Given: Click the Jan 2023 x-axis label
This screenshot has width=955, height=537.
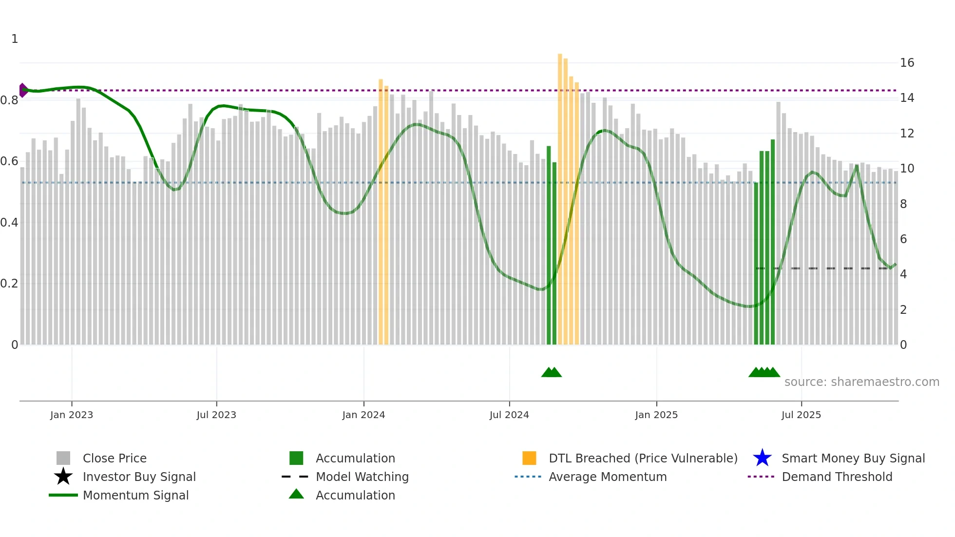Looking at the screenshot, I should click(72, 415).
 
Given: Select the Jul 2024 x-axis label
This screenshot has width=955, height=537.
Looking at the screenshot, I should click(509, 415).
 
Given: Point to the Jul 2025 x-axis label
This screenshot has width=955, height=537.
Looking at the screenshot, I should click(801, 415).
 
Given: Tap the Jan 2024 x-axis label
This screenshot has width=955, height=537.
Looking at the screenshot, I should click(363, 415).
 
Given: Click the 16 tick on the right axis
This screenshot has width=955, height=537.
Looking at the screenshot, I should click(907, 63).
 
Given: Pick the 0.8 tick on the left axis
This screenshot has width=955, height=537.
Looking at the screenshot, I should click(10, 100).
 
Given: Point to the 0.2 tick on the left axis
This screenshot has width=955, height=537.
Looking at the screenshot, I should click(10, 284).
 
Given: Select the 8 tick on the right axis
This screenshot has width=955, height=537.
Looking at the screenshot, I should click(903, 204).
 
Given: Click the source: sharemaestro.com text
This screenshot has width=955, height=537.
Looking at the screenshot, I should click(861, 382).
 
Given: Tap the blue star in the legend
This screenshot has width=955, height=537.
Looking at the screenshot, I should click(762, 458).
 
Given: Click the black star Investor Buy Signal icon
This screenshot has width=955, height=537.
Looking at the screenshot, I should click(63, 477).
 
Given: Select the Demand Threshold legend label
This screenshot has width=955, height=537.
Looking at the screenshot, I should click(837, 477).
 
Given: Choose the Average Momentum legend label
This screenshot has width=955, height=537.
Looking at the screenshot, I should click(608, 477).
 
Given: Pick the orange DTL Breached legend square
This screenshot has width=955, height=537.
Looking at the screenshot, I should click(529, 458).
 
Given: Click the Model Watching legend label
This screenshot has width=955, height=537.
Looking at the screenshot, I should click(362, 477).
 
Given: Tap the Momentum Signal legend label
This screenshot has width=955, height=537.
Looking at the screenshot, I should click(135, 495).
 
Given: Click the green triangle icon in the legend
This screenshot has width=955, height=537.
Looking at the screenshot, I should click(296, 495).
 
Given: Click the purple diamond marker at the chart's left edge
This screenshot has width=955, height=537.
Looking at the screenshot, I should click(22, 90).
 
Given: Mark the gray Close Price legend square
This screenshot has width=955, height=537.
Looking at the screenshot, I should click(63, 458).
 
